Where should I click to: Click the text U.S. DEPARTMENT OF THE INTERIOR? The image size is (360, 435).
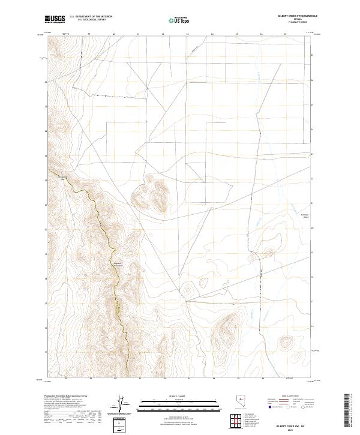click(x=91, y=17)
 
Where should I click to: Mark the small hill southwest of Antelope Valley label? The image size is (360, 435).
click(x=269, y=253)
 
